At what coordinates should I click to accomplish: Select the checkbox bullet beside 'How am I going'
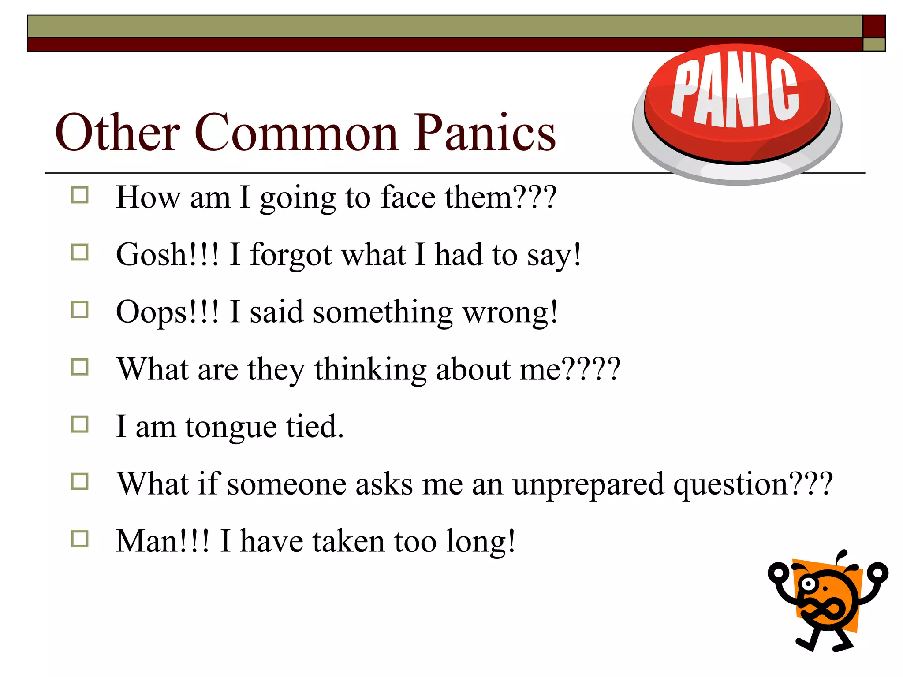coord(80,195)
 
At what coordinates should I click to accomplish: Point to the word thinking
coord(370,369)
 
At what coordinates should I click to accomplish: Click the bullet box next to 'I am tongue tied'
coord(80,424)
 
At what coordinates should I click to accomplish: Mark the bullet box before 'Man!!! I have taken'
coord(80,539)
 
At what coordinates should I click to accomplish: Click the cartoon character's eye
coord(808,584)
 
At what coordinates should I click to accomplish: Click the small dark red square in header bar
coord(873,26)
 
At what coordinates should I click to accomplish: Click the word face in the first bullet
coord(408,197)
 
